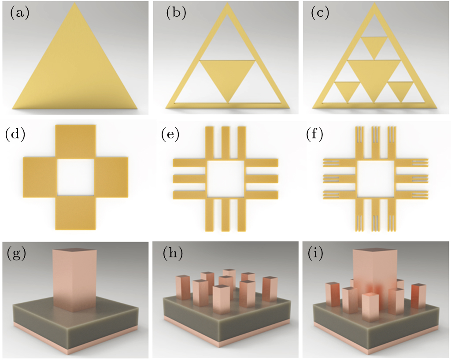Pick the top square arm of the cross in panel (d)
[75, 141]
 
